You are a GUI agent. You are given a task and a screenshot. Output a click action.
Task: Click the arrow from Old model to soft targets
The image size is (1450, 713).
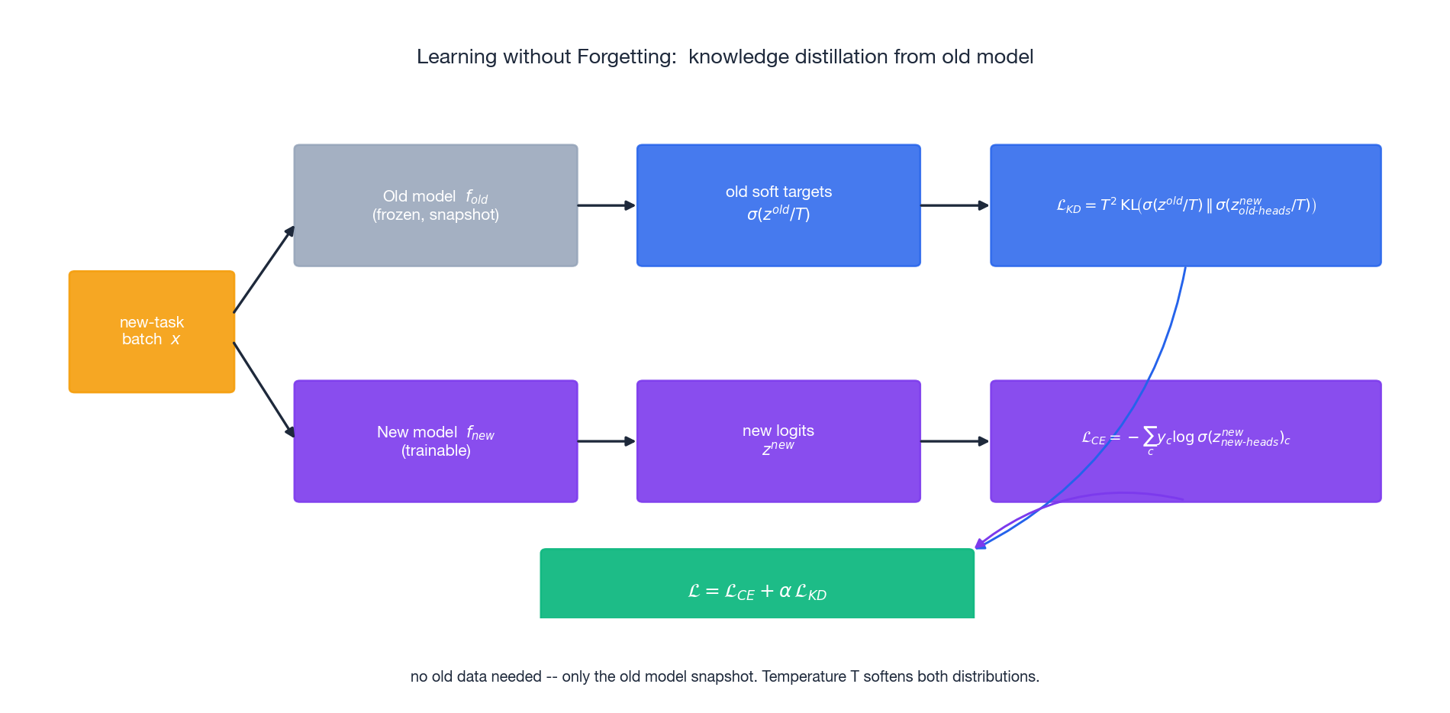pos(607,205)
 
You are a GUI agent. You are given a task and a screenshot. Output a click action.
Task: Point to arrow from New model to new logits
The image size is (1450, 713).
pos(607,441)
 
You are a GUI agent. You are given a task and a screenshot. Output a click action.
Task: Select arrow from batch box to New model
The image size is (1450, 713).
pos(263,389)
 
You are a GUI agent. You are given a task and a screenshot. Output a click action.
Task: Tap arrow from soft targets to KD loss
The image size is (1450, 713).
pos(955,205)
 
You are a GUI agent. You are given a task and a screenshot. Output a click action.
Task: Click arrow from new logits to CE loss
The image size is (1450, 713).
pos(955,441)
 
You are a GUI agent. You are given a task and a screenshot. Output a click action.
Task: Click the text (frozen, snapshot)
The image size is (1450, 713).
pos(435,215)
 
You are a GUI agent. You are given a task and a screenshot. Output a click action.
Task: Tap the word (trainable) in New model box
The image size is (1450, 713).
pos(435,451)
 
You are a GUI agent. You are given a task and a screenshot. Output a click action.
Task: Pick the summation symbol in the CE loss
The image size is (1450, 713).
pos(1150,437)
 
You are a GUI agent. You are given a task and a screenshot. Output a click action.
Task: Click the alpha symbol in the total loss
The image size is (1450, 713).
pos(785,592)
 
